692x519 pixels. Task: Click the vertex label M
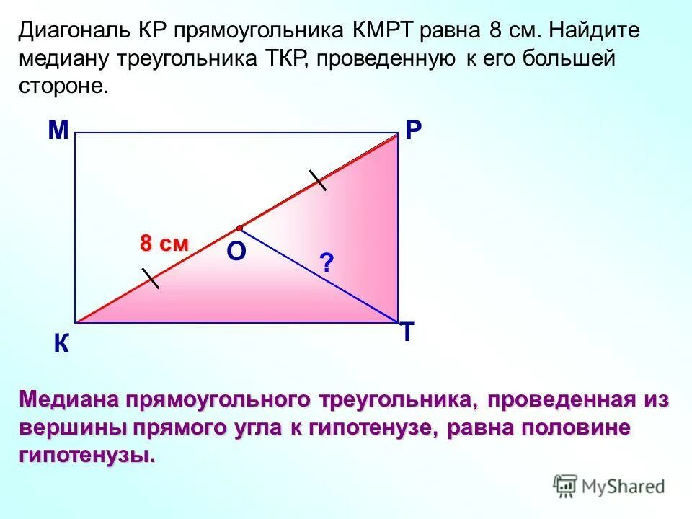pyautogui.click(x=58, y=130)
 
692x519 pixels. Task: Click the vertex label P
pyautogui.click(x=414, y=130)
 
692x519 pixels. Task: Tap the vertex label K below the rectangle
pyautogui.click(x=61, y=346)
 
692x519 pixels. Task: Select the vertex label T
pyautogui.click(x=407, y=332)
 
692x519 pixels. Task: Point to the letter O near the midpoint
pyautogui.click(x=236, y=252)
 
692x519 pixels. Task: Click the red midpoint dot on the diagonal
pyautogui.click(x=239, y=228)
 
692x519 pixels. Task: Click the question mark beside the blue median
pyautogui.click(x=327, y=263)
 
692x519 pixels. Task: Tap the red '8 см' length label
pyautogui.click(x=164, y=244)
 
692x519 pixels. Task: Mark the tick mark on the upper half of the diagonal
pyautogui.click(x=317, y=180)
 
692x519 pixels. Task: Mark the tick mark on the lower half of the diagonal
pyautogui.click(x=151, y=278)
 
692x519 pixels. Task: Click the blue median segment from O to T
pyautogui.click(x=317, y=275)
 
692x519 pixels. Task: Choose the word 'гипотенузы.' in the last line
pyautogui.click(x=86, y=456)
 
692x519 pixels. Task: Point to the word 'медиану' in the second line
pyautogui.click(x=72, y=58)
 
